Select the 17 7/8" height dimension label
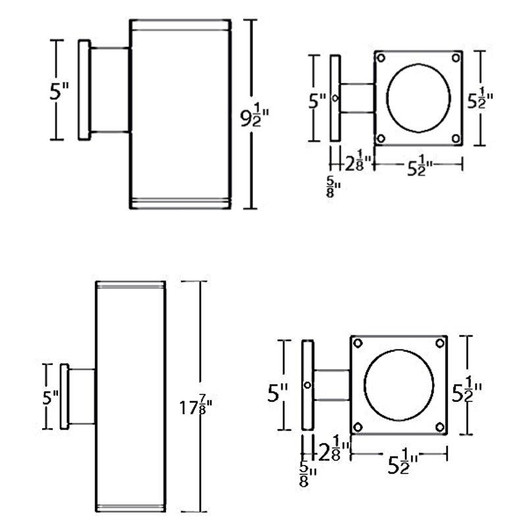196,406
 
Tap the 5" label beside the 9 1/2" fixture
59,91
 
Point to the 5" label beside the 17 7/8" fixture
51,398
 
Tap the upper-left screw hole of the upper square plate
381,58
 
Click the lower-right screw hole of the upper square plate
456,138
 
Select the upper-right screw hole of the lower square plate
440,343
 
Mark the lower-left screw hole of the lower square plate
358,427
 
